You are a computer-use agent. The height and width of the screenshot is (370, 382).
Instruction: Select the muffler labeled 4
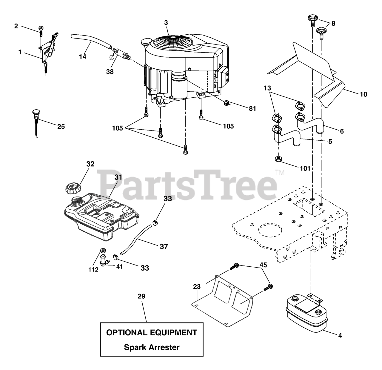306,314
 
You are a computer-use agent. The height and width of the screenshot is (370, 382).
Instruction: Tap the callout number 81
252,109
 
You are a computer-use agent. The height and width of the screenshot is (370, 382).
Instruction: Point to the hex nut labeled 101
278,159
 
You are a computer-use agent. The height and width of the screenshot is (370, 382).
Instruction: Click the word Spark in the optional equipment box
135,347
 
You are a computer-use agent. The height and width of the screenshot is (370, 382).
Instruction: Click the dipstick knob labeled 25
35,114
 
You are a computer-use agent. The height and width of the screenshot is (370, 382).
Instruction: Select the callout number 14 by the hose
83,56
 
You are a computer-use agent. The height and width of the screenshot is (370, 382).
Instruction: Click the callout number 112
93,270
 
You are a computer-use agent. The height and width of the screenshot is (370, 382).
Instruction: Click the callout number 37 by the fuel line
164,246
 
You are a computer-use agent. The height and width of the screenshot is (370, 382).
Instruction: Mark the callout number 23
197,287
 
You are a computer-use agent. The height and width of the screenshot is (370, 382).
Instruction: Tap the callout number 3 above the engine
166,22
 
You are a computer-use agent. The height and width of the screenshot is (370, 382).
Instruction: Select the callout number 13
267,88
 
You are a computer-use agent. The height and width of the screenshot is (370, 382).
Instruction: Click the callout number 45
263,265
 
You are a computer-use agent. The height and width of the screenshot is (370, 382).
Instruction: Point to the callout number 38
110,72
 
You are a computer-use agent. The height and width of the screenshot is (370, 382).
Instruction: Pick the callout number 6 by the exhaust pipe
342,131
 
